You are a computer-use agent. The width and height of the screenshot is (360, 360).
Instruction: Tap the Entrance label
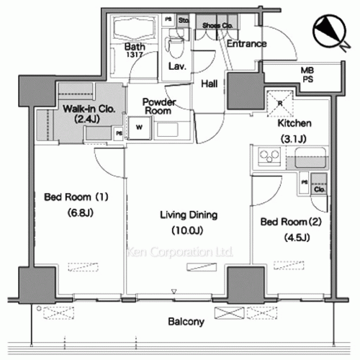tap(246, 44)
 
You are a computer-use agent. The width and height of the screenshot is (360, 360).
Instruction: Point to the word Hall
tap(210, 83)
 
